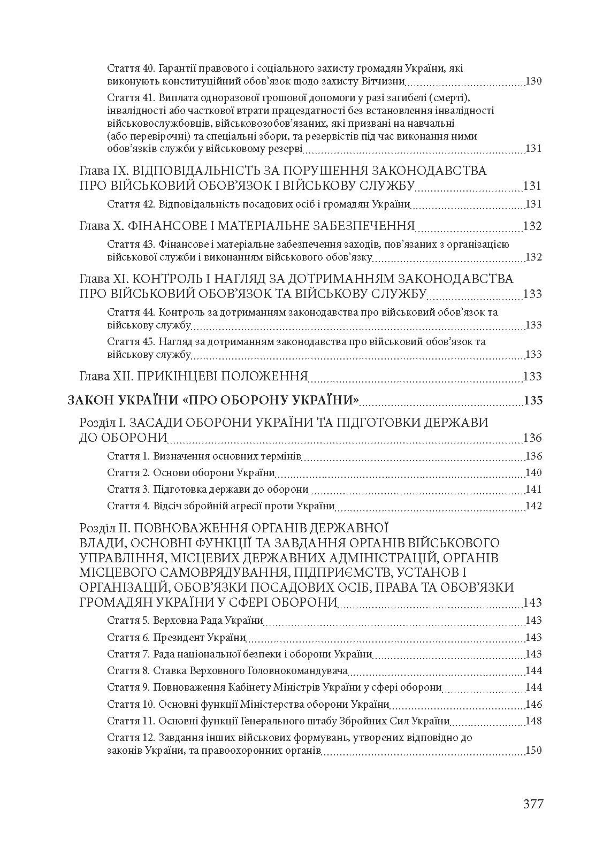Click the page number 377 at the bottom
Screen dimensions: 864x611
pos(533,804)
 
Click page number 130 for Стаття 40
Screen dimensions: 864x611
pos(534,82)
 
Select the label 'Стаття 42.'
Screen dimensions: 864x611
pos(129,204)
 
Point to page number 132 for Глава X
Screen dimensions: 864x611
pos(533,226)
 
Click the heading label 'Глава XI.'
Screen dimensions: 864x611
pos(103,279)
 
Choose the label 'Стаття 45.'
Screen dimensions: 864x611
pos(129,341)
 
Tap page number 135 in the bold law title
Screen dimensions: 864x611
pos(533,400)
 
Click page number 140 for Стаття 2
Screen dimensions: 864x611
pos(534,473)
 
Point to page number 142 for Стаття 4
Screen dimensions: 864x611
pos(534,506)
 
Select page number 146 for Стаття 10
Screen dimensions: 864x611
pos(534,704)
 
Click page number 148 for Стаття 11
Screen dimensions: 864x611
pos(534,721)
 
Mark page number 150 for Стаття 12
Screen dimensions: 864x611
pos(534,751)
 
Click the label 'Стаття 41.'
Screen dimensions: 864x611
pos(129,98)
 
